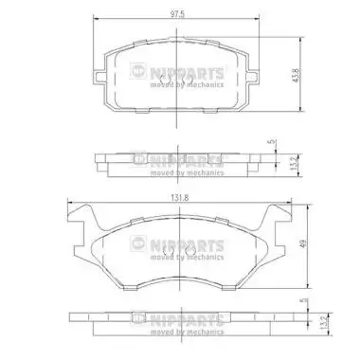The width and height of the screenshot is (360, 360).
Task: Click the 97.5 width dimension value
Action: tap(177, 14)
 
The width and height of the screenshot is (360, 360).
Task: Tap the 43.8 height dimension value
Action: tap(296, 76)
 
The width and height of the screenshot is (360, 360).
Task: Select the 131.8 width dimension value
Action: tap(180, 198)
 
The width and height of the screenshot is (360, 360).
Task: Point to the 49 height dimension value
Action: tap(303, 243)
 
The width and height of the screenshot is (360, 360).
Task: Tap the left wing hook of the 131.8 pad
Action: tap(82, 221)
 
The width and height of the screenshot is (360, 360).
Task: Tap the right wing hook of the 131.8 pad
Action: tap(276, 221)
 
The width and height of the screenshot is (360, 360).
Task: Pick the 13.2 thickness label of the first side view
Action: tap(294, 165)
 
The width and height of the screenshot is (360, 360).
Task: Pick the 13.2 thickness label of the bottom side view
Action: tap(322, 323)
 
